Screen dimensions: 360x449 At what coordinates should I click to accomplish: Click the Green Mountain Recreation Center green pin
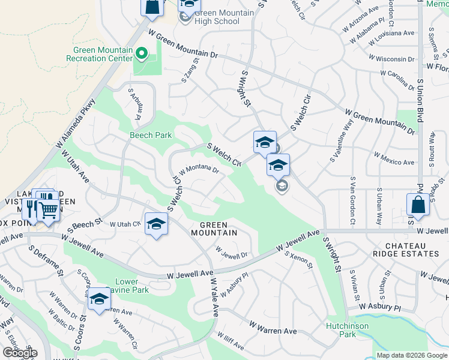pyautogui.click(x=142, y=54)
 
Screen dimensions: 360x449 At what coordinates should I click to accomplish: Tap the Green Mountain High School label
pyautogui.click(x=217, y=17)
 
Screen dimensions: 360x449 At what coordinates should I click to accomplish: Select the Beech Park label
pyautogui.click(x=151, y=136)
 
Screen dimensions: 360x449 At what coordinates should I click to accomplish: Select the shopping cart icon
pyautogui.click(x=49, y=210)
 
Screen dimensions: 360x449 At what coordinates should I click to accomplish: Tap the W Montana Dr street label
pyautogui.click(x=197, y=170)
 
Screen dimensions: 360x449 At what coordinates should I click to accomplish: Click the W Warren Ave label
pyautogui.click(x=273, y=329)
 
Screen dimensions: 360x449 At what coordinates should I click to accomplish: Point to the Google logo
pyautogui.click(x=19, y=353)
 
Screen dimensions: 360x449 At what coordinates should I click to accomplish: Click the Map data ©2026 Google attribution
pyautogui.click(x=411, y=355)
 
